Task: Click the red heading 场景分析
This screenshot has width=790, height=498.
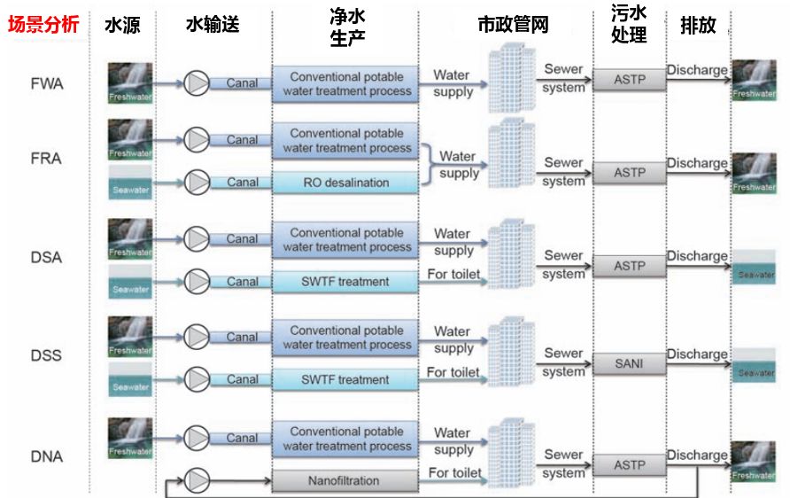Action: click(x=43, y=25)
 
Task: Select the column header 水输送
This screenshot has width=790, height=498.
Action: click(x=213, y=25)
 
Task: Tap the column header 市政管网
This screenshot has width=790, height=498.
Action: click(x=513, y=25)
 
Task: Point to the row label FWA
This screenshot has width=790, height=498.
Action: click(x=46, y=84)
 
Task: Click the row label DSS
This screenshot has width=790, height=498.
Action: click(x=46, y=356)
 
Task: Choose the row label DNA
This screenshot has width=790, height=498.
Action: click(x=46, y=457)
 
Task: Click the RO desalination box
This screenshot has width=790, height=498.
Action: click(x=345, y=183)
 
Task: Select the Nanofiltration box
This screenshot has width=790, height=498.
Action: click(x=345, y=481)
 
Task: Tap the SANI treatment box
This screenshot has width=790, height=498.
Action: click(x=630, y=363)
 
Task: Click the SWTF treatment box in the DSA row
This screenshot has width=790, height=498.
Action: click(x=345, y=282)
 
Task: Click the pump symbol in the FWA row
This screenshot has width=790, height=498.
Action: click(x=196, y=83)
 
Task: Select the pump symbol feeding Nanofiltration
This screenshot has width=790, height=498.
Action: click(x=196, y=480)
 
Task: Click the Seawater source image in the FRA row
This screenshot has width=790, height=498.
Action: click(x=130, y=183)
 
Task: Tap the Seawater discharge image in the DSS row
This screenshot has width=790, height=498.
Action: click(x=755, y=366)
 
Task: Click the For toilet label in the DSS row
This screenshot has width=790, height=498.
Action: click(x=453, y=372)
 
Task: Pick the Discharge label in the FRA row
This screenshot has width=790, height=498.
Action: click(x=697, y=163)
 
